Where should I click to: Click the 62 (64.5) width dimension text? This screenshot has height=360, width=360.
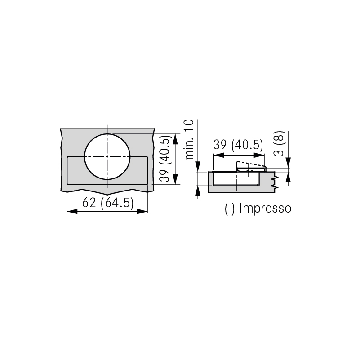pyautogui.click(x=108, y=203)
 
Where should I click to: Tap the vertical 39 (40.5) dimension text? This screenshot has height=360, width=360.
pyautogui.click(x=165, y=159)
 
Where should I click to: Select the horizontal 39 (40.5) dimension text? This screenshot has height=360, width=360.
pyautogui.click(x=238, y=145)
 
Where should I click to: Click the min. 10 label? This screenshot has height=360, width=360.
pyautogui.click(x=189, y=139)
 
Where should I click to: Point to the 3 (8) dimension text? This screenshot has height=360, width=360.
pyautogui.click(x=280, y=144)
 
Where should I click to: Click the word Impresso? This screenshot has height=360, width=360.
pyautogui.click(x=265, y=208)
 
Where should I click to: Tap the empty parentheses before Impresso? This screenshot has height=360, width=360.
pyautogui.click(x=230, y=209)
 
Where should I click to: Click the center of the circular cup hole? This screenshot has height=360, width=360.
pyautogui.click(x=107, y=156)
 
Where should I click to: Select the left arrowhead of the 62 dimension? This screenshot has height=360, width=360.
pyautogui.click(x=72, y=211)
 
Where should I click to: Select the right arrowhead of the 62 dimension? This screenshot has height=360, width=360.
pyautogui.click(x=142, y=211)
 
